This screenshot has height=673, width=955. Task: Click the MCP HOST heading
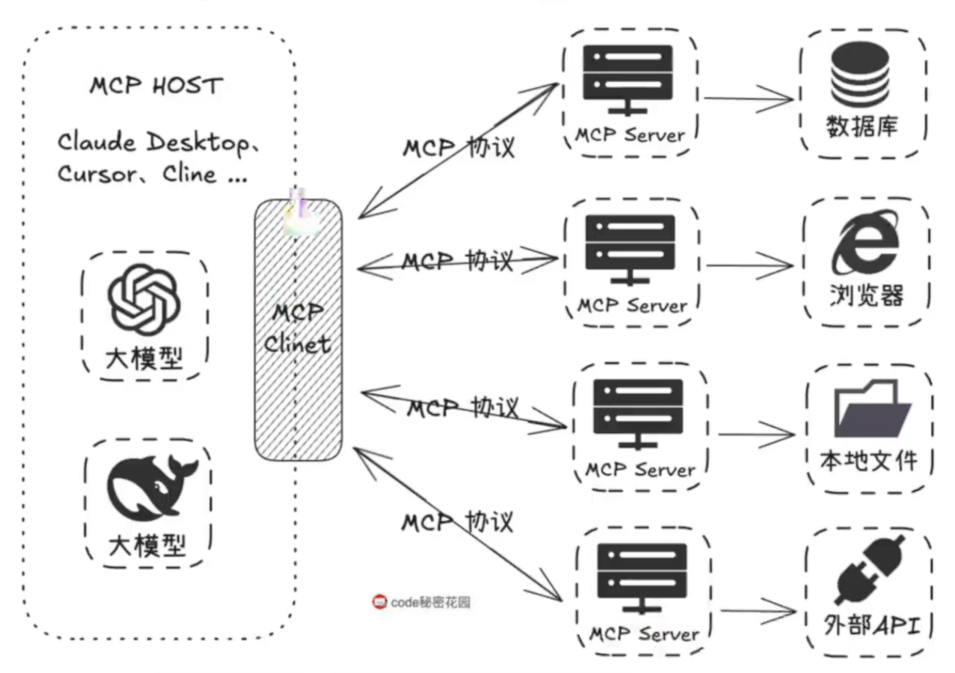(156, 86)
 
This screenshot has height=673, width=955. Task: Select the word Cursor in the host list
(97, 174)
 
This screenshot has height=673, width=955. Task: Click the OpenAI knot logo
(144, 299)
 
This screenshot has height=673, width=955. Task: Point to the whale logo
(151, 488)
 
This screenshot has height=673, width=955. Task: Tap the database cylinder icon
(860, 74)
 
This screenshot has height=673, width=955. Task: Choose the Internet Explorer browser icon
(865, 243)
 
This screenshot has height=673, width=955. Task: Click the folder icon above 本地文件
(870, 409)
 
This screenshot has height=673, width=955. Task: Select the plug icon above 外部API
(869, 570)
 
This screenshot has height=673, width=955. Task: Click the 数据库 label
(862, 127)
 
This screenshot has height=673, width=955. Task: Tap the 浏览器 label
(866, 295)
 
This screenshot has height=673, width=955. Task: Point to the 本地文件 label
(869, 461)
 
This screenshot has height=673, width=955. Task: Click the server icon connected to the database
(628, 79)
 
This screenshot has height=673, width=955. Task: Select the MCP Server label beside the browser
(633, 305)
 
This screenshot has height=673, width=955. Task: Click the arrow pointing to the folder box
(756, 435)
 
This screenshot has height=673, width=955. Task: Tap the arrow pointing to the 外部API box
(758, 611)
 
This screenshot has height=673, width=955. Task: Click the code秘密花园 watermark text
(430, 602)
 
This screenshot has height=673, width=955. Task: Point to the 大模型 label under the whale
(147, 546)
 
